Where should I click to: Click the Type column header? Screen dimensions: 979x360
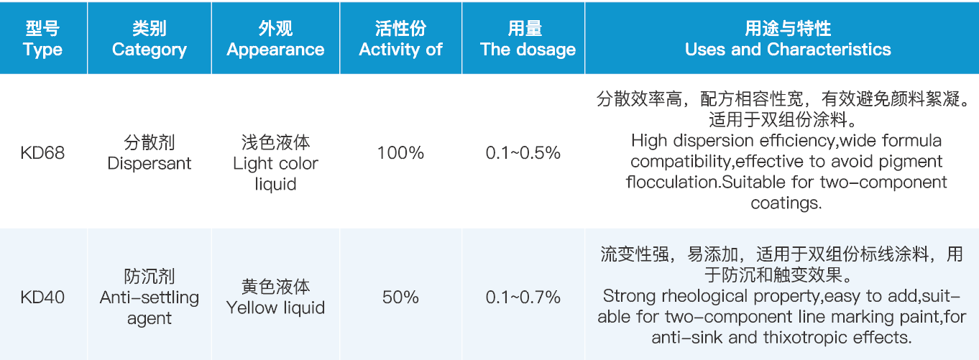42,39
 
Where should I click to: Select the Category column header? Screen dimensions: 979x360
149,39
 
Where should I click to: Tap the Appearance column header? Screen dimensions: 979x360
275,39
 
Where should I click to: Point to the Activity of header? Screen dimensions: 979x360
401,39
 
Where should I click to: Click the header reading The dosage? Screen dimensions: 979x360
528,39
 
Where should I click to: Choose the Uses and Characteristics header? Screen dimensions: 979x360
788,39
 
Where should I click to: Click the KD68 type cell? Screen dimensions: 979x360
42,153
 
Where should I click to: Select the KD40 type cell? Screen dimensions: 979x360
42,297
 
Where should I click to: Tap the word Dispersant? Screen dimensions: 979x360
149,163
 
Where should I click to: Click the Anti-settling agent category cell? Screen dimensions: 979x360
149,297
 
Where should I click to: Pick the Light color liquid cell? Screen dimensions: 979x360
275,163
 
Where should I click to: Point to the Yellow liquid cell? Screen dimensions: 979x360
275,297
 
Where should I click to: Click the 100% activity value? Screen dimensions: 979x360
400,153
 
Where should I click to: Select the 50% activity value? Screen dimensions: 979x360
400,297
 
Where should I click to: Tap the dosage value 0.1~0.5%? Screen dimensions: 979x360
523,153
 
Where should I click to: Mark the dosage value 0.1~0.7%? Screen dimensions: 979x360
523,297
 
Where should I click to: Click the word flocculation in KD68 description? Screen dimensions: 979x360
672,182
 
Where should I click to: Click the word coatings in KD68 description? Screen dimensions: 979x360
786,203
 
